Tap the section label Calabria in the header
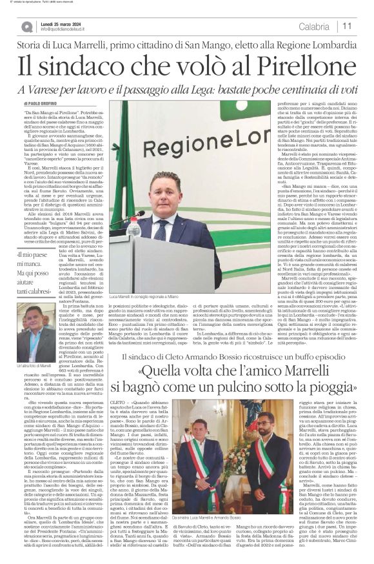point(314,26)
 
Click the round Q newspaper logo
point(26,26)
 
